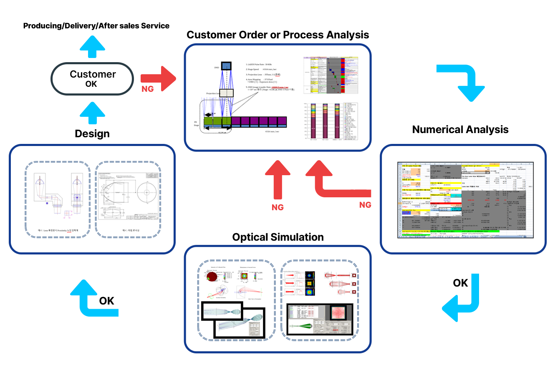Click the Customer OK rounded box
coord(92,78)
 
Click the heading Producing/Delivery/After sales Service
coord(96,26)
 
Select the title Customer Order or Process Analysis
coord(277,35)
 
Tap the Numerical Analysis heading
coord(460,129)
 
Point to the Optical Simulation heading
coord(277,237)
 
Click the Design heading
coord(92,133)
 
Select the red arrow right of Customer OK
coord(159,78)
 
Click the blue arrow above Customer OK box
coord(92,46)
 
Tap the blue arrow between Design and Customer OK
coord(92,113)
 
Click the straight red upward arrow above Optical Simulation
coord(277,179)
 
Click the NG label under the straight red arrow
coord(277,207)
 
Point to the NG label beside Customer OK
coord(147,89)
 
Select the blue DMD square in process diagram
coord(226,66)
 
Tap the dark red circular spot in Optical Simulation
coord(212,276)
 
